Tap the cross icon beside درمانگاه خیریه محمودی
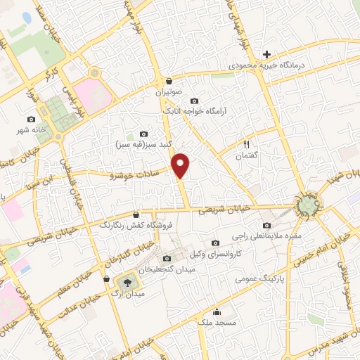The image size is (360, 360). (x=266, y=54)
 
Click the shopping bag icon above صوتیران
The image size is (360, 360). (x=169, y=81)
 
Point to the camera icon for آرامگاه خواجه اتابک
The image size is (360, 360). (x=195, y=101)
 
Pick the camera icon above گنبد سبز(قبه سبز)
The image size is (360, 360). (x=144, y=134)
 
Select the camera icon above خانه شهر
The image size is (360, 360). (x=31, y=120)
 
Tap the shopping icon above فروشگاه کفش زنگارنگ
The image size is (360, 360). (x=136, y=215)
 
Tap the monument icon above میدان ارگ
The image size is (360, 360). (x=127, y=281)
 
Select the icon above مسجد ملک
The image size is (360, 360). (x=216, y=312)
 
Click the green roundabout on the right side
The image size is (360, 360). (x=309, y=205)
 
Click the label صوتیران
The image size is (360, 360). (x=169, y=91)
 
